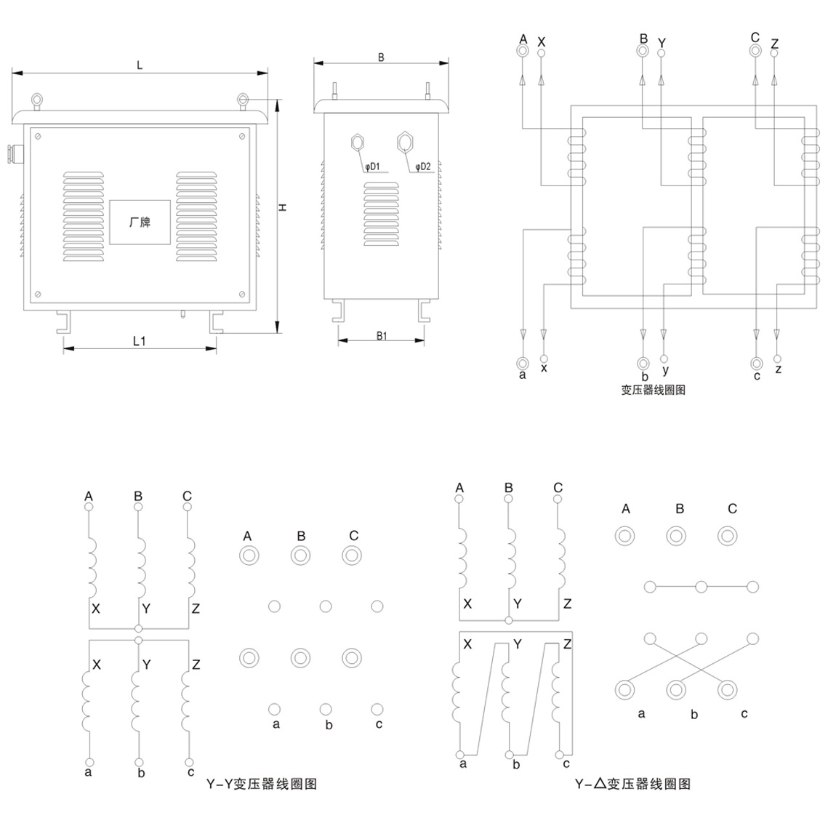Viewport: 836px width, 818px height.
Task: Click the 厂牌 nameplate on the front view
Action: click(x=140, y=222)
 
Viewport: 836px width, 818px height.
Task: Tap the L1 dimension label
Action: click(x=139, y=340)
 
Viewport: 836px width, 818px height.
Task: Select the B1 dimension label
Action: click(x=382, y=335)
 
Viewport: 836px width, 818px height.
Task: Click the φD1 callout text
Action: click(x=372, y=167)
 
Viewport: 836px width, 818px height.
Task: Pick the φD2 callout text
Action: click(x=423, y=167)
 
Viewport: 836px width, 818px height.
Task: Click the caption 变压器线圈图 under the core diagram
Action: click(x=653, y=390)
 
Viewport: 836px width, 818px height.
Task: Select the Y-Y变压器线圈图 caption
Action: click(x=262, y=784)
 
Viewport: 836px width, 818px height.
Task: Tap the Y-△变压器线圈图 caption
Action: click(x=632, y=784)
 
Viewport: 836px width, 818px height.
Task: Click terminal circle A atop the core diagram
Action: click(x=522, y=51)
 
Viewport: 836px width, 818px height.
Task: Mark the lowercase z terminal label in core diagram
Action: click(x=778, y=369)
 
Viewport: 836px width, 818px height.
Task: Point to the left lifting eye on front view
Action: click(x=36, y=100)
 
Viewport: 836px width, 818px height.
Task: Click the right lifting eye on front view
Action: click(x=244, y=100)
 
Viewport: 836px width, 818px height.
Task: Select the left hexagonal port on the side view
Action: click(x=357, y=141)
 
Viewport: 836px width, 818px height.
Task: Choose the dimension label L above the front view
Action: click(x=140, y=65)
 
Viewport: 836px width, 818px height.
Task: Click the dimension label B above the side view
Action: click(x=381, y=57)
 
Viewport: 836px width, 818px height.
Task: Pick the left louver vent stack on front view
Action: click(x=84, y=217)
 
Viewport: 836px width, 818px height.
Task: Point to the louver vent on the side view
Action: click(x=382, y=214)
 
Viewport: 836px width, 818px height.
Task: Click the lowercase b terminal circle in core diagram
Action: click(x=643, y=363)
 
